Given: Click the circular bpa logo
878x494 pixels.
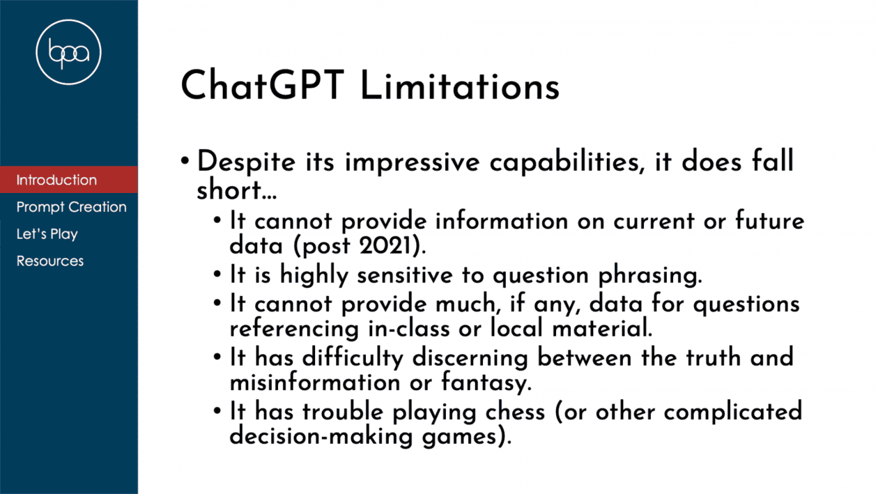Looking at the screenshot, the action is coord(68,52).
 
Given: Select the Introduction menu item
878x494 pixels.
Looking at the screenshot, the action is coord(56,180).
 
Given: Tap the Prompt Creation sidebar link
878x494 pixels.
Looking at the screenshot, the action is coord(71,207).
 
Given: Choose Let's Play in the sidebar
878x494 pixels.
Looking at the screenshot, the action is coord(47,234).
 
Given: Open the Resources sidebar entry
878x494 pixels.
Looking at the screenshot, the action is coord(50,261).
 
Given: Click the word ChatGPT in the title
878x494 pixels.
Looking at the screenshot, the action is coord(262,86).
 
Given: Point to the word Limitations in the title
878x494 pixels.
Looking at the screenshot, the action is coord(460,86).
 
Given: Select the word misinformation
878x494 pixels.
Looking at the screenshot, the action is coord(315,383).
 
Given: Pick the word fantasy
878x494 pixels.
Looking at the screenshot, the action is coord(486,383).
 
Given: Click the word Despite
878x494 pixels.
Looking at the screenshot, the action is coord(246,162).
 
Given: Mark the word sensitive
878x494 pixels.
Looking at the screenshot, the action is coord(405,275).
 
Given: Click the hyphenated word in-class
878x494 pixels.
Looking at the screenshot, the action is coord(409,329).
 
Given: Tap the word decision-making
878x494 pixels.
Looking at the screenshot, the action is coord(321,436).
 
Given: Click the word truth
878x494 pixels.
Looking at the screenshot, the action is coord(713,357).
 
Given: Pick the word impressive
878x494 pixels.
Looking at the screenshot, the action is coord(413,162).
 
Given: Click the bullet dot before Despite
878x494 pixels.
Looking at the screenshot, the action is coord(185,161).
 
